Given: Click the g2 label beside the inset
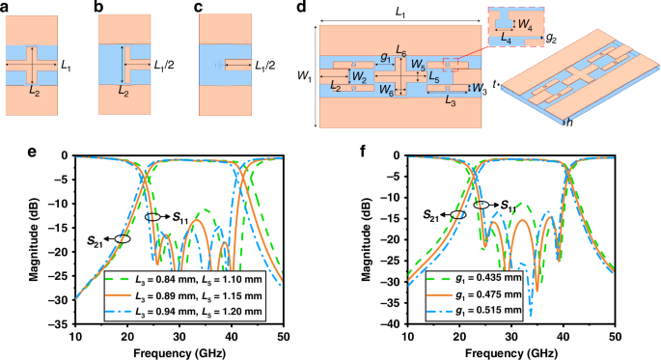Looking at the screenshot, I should coord(551,39).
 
